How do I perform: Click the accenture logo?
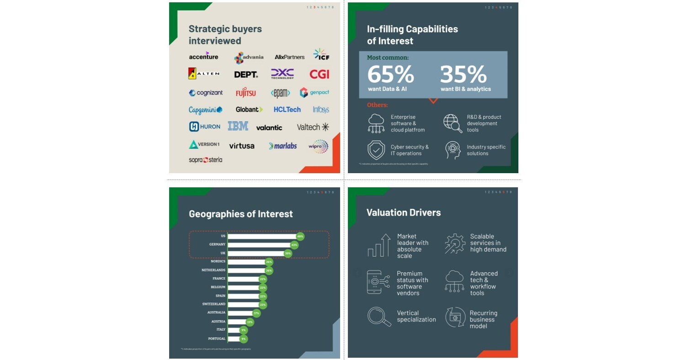203,56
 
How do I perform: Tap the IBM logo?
238,126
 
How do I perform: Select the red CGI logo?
319,74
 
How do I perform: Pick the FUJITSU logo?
246,93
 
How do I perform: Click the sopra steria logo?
205,160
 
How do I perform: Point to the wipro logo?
318,146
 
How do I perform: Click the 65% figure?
390,74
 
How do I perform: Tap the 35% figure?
463,74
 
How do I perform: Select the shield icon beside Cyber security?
376,150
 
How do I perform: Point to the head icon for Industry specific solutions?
453,150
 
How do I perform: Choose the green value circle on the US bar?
300,236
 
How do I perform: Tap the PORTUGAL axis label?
217,339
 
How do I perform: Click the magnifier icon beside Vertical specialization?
379,317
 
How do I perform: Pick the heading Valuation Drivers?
403,212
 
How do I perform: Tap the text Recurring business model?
483,319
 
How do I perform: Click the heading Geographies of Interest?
240,214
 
